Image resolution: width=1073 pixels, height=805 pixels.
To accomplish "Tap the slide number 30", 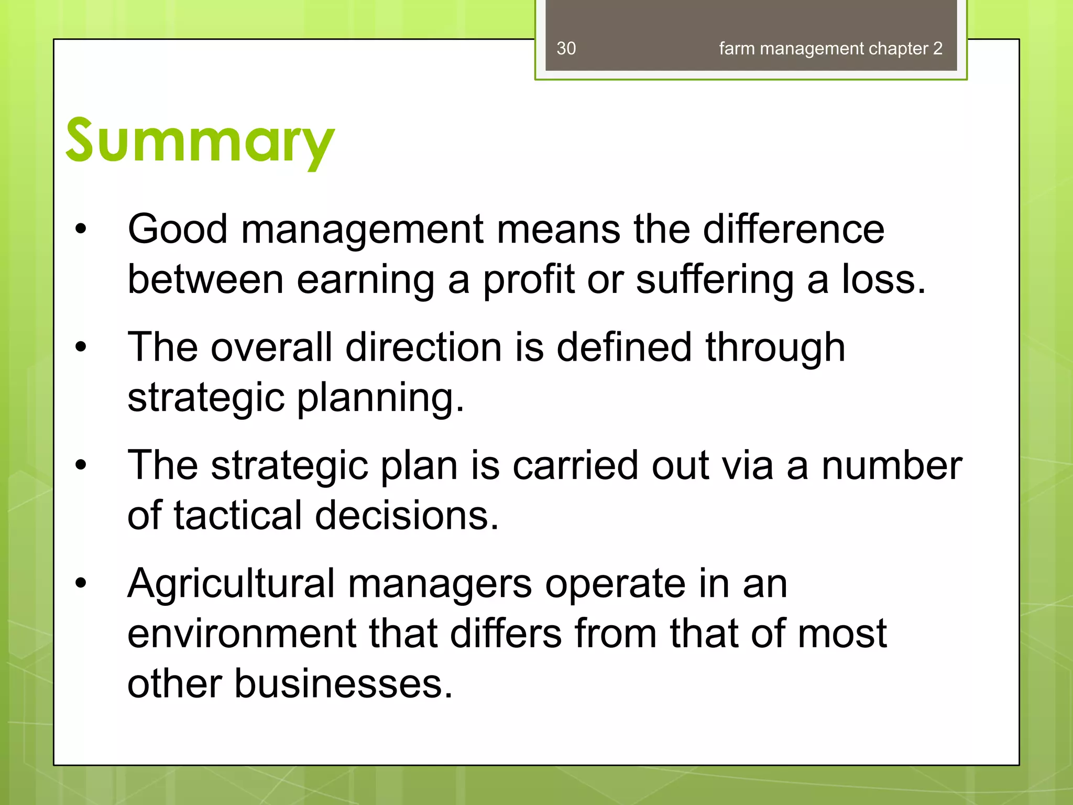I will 566,49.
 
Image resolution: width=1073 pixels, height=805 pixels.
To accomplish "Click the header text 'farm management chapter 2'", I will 830,49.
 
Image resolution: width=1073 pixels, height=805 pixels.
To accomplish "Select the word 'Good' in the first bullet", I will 178,229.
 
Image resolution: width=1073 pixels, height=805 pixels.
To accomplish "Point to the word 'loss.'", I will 884,279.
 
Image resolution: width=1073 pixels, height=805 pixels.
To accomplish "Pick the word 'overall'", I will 271,347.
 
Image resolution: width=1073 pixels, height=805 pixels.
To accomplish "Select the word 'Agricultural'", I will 231,583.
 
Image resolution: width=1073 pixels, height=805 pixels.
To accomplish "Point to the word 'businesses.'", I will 343,684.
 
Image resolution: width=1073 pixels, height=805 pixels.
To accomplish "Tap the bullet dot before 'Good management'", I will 80,229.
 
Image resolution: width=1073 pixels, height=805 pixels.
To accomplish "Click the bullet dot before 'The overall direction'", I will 80,347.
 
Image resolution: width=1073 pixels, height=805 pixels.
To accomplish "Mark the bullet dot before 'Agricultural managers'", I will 80,583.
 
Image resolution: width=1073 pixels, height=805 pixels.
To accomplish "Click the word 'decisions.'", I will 407,516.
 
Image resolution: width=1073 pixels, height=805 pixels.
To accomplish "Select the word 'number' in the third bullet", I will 891,465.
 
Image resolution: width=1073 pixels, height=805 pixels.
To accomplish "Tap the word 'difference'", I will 793,229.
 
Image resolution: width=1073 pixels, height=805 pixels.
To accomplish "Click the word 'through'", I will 775,348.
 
